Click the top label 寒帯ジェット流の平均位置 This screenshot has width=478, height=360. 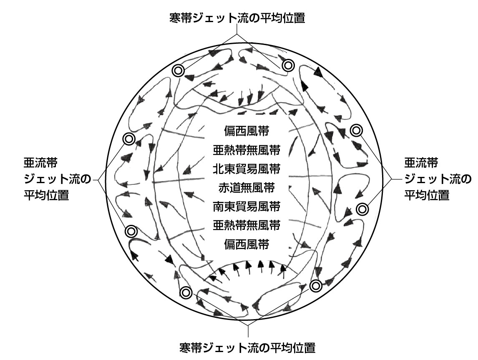click(x=237, y=18)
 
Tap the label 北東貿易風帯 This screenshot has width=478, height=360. click(x=247, y=169)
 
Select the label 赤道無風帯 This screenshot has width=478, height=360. click(x=247, y=188)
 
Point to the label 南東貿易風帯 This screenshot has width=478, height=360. click(x=247, y=206)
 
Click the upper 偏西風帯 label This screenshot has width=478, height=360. click(x=247, y=131)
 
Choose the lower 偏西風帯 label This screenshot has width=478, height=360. click(x=247, y=244)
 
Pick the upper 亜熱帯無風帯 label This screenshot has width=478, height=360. click(x=247, y=150)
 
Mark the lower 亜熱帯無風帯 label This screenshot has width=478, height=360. click(x=247, y=226)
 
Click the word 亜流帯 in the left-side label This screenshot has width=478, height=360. click(x=40, y=163)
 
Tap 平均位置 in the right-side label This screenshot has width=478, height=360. click(x=427, y=195)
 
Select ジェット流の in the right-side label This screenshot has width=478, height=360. click(x=438, y=179)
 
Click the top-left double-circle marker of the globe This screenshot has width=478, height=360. click(x=179, y=71)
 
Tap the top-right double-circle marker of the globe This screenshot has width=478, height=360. click(x=288, y=65)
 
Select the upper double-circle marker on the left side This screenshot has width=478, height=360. click(x=128, y=139)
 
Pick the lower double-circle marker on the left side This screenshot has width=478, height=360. click(x=131, y=232)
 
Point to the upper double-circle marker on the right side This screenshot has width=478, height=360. click(x=356, y=131)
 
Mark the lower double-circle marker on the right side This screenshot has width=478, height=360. click(x=362, y=209)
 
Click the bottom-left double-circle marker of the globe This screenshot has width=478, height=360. click(x=186, y=293)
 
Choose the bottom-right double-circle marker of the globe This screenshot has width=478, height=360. click(x=316, y=286)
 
